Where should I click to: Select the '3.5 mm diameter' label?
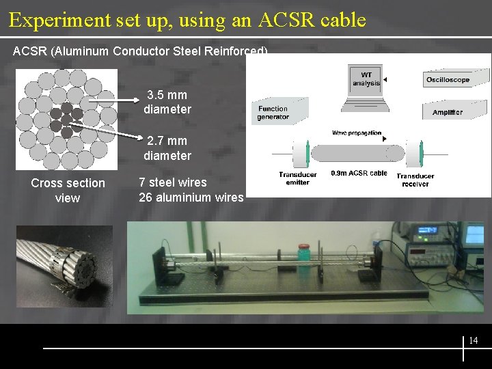point(167,102)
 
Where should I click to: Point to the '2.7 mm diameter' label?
point(167,148)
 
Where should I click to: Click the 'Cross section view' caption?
point(68,191)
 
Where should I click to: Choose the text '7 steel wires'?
point(172,182)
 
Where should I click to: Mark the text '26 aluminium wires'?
point(191,197)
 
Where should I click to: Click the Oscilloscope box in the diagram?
point(448,80)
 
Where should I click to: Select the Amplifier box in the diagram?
point(448,112)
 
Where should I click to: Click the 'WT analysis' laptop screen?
point(366,79)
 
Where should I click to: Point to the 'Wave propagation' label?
point(357,133)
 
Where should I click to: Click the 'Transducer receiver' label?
point(415,180)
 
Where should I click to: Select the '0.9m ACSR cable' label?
point(359,174)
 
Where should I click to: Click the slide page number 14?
point(474,340)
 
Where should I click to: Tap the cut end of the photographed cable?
point(77,267)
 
